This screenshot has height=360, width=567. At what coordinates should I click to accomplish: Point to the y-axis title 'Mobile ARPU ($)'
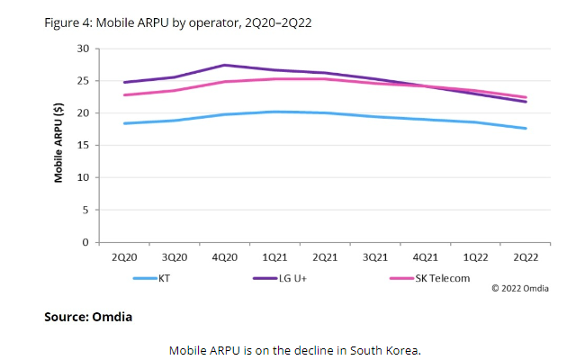58,144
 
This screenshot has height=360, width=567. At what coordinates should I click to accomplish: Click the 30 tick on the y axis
83,48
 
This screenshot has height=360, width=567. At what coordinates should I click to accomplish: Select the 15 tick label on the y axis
83,145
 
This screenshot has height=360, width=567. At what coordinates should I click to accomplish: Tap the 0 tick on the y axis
85,242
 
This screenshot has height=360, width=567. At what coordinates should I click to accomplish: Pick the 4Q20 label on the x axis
225,257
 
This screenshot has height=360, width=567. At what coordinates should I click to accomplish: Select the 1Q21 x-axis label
274,257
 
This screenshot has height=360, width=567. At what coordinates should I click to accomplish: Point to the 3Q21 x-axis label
375,257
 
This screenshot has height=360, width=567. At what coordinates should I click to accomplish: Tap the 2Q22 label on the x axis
526,257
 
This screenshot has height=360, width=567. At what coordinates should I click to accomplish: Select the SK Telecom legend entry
442,278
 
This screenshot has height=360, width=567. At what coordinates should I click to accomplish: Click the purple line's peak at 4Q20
225,65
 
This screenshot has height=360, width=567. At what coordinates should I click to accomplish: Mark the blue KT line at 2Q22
526,128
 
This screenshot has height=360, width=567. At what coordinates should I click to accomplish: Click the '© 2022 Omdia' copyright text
521,288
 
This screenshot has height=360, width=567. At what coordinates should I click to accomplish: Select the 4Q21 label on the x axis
425,257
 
